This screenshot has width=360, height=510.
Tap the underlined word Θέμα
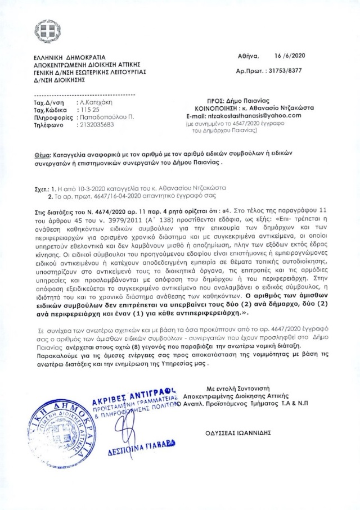(41, 154)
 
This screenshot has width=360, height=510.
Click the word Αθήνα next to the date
(249, 57)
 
